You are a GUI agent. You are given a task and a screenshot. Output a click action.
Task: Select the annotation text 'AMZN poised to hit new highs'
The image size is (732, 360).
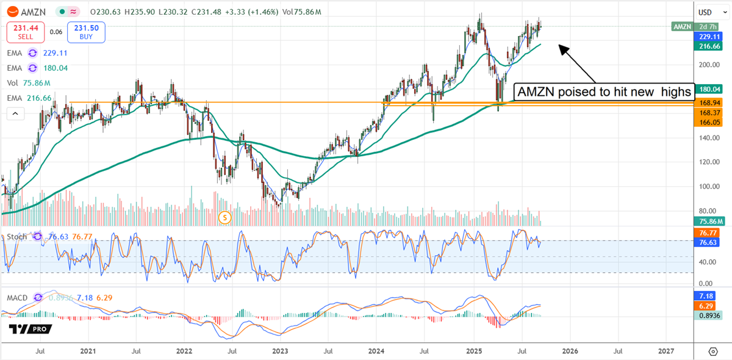tap(605, 92)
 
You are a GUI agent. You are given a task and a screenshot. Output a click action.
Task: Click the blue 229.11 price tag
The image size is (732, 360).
tap(708, 36)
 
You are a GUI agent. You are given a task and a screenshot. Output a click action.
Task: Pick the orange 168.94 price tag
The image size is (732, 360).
tap(708, 104)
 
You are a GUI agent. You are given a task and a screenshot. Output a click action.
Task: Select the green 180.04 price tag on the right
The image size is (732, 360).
tap(708, 88)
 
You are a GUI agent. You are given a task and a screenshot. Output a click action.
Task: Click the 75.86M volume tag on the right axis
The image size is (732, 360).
tap(708, 221)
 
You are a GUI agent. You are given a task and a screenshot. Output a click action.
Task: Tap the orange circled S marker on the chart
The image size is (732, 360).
tap(226, 217)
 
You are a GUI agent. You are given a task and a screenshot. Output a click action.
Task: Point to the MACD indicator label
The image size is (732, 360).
tap(18, 298)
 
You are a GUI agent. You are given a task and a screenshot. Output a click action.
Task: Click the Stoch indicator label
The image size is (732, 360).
tap(17, 236)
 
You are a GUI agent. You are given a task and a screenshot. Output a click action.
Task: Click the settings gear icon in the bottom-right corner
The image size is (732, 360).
tap(712, 351)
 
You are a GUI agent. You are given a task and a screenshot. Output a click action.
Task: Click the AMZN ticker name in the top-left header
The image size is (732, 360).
tap(31, 12)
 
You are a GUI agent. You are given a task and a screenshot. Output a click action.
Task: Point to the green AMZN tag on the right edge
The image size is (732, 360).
tap(681, 26)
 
